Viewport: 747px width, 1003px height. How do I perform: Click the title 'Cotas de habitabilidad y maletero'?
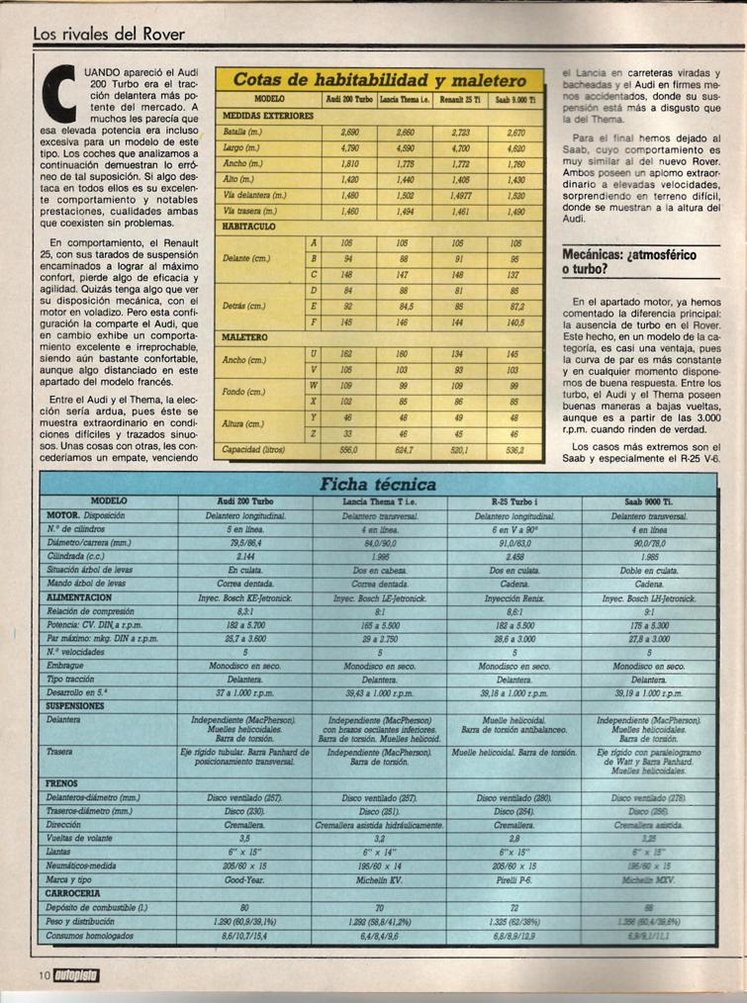[380, 80]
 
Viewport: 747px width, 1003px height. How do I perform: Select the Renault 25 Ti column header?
[458, 101]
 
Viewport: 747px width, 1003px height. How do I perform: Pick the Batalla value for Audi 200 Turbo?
[348, 132]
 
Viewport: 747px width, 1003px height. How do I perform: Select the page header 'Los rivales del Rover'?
[109, 34]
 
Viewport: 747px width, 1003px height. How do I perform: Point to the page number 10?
[43, 976]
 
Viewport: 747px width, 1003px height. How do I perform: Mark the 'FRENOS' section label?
[62, 782]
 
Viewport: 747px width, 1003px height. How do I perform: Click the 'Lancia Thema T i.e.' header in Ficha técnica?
[379, 501]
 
